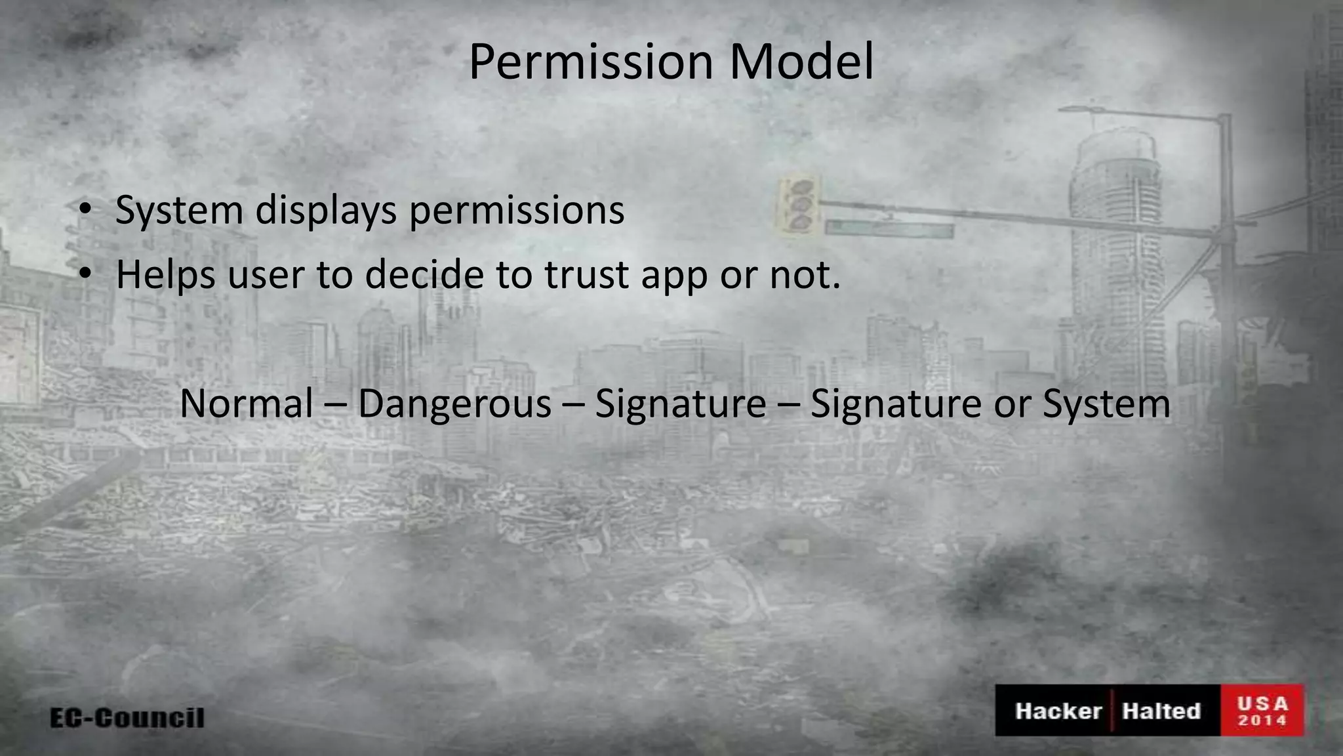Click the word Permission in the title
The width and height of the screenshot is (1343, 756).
tap(590, 63)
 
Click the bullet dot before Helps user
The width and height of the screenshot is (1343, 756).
tap(85, 274)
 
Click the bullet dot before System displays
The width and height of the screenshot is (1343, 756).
tap(85, 211)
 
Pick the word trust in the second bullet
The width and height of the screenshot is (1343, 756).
tap(586, 274)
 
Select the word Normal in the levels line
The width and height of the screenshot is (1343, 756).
tap(246, 404)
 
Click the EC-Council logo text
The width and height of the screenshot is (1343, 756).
tap(127, 717)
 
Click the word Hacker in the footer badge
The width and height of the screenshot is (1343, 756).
tap(1058, 711)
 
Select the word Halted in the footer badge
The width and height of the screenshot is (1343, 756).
tap(1161, 711)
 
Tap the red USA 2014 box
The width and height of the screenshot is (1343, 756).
tap(1262, 711)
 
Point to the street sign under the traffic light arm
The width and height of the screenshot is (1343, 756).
tap(889, 228)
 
